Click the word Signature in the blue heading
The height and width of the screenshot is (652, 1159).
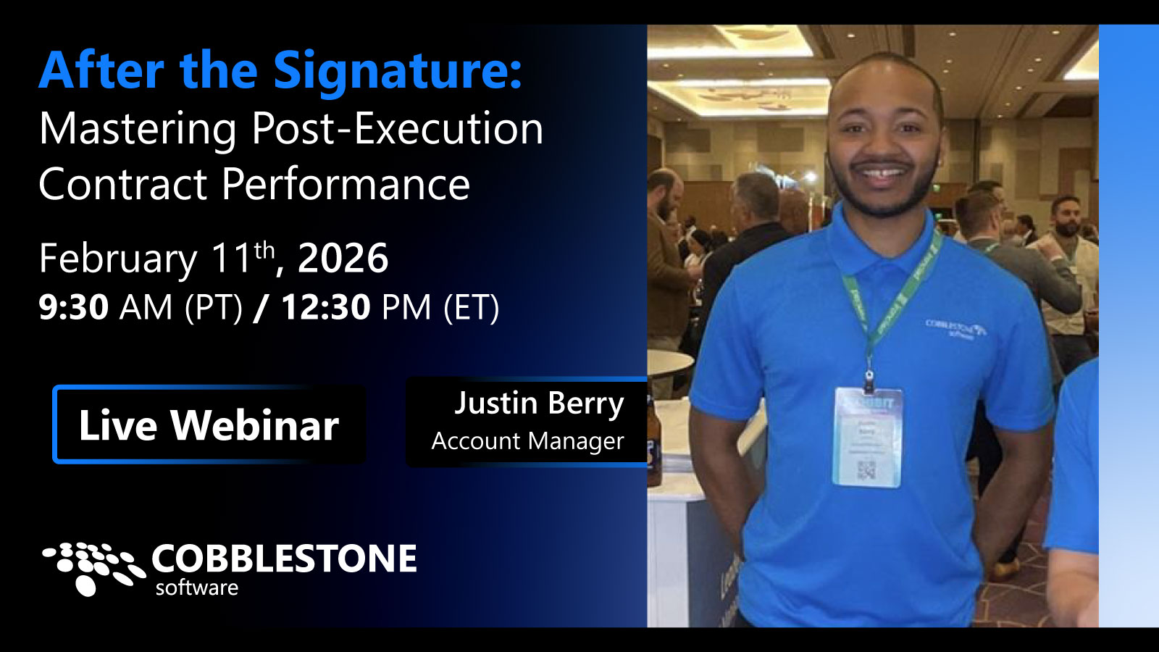pos(397,71)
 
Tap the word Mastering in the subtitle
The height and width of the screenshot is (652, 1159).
pos(138,129)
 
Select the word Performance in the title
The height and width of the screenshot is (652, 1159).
pos(346,185)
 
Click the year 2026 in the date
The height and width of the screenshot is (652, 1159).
pos(343,259)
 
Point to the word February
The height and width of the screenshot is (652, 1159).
pos(117,259)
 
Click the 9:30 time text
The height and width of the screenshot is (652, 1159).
pos(73,307)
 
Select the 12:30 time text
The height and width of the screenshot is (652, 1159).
pos(325,307)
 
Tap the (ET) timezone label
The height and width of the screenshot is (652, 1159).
pos(471,307)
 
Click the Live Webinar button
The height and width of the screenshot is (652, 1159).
pos(209,425)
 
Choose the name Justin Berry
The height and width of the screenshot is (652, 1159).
pos(538,404)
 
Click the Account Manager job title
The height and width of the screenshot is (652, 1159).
pos(527,440)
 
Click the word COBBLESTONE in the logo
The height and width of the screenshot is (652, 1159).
pos(284,559)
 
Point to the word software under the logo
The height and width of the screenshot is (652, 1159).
pos(196,588)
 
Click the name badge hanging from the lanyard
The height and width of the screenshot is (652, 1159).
pos(867,437)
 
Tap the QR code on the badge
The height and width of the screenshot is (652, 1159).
pos(866,470)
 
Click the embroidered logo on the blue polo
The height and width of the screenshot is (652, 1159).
pos(955,328)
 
